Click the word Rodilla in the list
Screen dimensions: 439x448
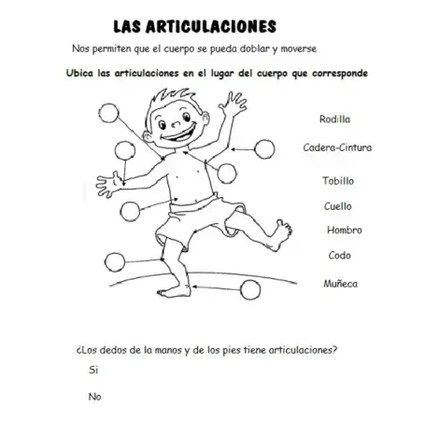point(333,119)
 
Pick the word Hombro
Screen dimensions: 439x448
point(344,230)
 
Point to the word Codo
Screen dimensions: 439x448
point(339,255)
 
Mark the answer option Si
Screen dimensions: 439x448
point(92,371)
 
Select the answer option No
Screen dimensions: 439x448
point(93,397)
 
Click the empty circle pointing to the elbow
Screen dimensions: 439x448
point(264,147)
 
